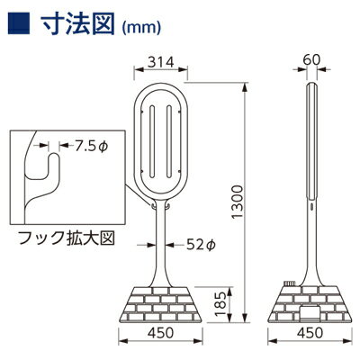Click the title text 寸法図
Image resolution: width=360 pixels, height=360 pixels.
pos(77,23)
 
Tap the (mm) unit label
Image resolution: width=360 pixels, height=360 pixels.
pos(141,27)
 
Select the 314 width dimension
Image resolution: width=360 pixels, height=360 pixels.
pos(161,62)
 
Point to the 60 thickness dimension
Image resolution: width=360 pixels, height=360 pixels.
pos(311,59)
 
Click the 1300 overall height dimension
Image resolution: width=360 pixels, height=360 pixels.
pos(238,202)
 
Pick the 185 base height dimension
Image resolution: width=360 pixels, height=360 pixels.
pos(221,303)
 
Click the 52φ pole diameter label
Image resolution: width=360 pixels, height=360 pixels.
pos(201,245)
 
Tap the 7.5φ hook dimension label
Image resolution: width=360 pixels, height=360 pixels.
pos(91,146)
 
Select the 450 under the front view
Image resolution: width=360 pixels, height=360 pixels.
pos(161,332)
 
